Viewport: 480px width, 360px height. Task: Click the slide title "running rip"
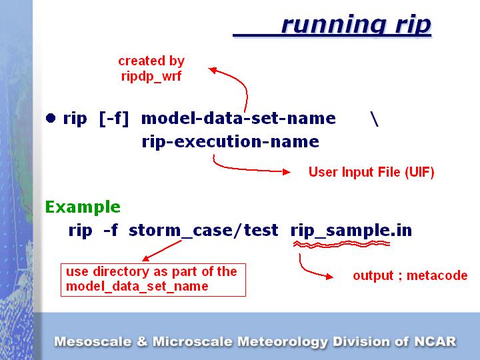pyautogui.click(x=356, y=25)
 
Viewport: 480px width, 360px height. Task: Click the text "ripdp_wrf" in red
pyautogui.click(x=151, y=76)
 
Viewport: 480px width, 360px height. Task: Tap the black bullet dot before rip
pyautogui.click(x=51, y=118)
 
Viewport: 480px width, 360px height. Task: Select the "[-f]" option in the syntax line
pyautogui.click(x=113, y=119)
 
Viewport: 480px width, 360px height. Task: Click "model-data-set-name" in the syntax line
pyautogui.click(x=239, y=119)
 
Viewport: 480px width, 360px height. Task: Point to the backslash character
pyautogui.click(x=374, y=119)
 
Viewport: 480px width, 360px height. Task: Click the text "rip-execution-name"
pyautogui.click(x=230, y=142)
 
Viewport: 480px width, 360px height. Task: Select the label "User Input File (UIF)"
pyautogui.click(x=371, y=173)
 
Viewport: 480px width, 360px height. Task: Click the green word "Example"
pyautogui.click(x=83, y=207)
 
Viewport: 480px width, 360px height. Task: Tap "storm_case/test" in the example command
pyautogui.click(x=203, y=231)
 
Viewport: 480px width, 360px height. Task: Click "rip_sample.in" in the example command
pyautogui.click(x=351, y=231)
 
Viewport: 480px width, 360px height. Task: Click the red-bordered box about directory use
pyautogui.click(x=153, y=279)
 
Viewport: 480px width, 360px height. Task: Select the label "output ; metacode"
pyautogui.click(x=410, y=275)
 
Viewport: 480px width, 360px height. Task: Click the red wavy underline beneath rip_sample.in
pyautogui.click(x=342, y=245)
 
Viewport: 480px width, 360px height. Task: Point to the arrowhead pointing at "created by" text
pyautogui.click(x=213, y=69)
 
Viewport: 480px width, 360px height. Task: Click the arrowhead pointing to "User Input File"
pyautogui.click(x=287, y=172)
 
